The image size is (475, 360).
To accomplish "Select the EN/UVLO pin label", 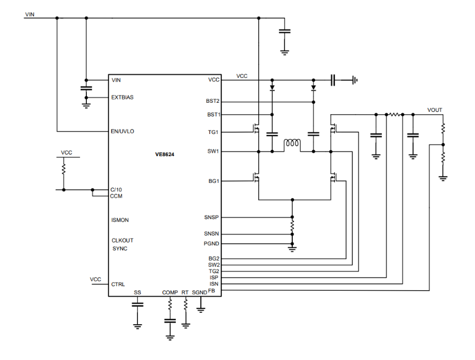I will pyautogui.click(x=123, y=131).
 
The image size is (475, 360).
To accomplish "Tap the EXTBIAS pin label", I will pyautogui.click(x=123, y=97).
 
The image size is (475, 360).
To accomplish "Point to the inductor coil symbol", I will pyautogui.click(x=292, y=144).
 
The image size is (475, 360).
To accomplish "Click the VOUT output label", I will pyautogui.click(x=435, y=110).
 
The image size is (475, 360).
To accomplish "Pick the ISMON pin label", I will pyautogui.click(x=121, y=220).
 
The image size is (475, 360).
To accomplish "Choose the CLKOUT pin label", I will pyautogui.click(x=123, y=240).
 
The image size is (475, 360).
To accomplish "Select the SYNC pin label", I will pyautogui.click(x=120, y=249).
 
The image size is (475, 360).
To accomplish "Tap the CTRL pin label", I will pyautogui.click(x=118, y=284).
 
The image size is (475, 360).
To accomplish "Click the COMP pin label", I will pyautogui.click(x=170, y=292).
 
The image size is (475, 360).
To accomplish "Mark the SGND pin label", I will pyautogui.click(x=200, y=292).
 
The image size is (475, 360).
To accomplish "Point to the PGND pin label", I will pyautogui.click(x=212, y=244).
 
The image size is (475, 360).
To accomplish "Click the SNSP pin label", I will pyautogui.click(x=212, y=217).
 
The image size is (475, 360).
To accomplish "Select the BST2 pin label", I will pyautogui.click(x=213, y=101).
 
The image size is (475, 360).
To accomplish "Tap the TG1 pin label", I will pyautogui.click(x=214, y=132).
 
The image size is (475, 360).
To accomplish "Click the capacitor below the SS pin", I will pyautogui.click(x=137, y=305).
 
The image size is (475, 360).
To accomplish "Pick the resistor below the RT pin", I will pyautogui.click(x=186, y=304).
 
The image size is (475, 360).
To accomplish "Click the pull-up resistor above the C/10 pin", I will pyautogui.click(x=64, y=169).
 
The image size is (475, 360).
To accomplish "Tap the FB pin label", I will pyautogui.click(x=212, y=291).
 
